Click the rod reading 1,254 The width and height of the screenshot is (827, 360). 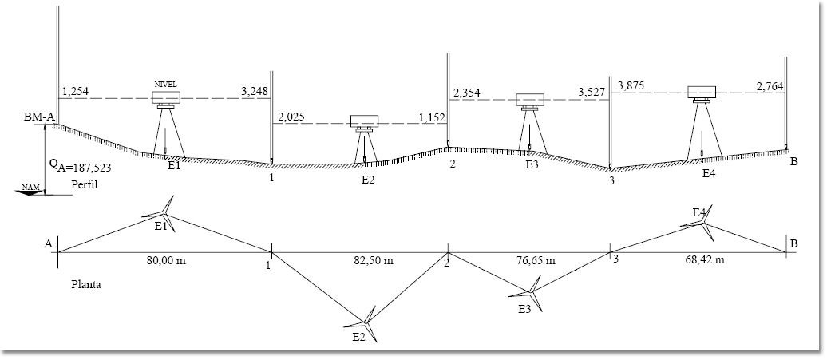coord(75,92)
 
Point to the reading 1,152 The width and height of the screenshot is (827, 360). coord(431,117)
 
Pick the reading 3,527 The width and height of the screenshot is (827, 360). coord(591,93)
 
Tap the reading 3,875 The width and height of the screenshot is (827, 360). coord(631,85)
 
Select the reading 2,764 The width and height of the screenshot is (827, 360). coord(770,85)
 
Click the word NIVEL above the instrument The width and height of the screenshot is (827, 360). coord(165,83)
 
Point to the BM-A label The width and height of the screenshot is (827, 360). coord(38,117)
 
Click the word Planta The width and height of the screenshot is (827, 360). coord(85,283)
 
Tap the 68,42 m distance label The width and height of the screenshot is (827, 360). coord(706,260)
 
